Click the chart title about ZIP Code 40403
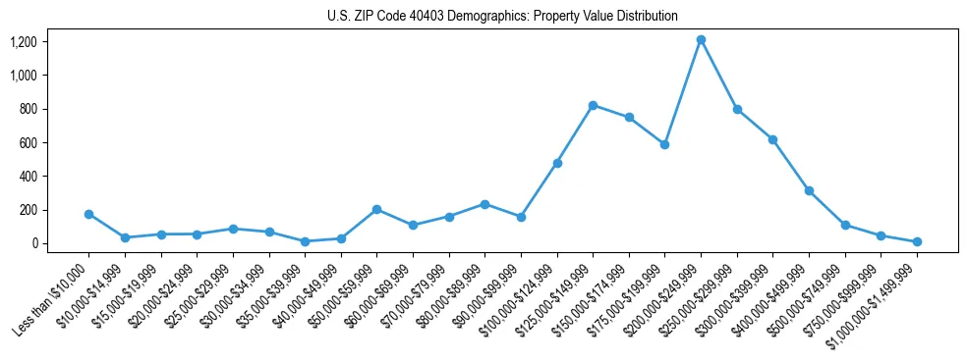(x=502, y=17)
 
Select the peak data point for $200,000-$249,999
(x=701, y=40)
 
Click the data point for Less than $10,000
(x=88, y=214)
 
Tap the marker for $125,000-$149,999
(x=593, y=105)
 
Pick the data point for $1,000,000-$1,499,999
(x=917, y=241)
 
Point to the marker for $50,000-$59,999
(x=376, y=209)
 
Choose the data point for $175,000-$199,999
(x=664, y=144)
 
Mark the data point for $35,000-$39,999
(x=305, y=241)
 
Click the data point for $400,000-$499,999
(x=809, y=190)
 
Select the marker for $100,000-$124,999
(x=557, y=163)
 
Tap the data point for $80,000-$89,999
(x=484, y=204)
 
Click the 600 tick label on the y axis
(x=28, y=142)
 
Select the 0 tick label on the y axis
(x=34, y=243)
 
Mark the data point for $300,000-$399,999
(x=772, y=139)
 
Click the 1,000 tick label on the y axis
(x=24, y=76)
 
